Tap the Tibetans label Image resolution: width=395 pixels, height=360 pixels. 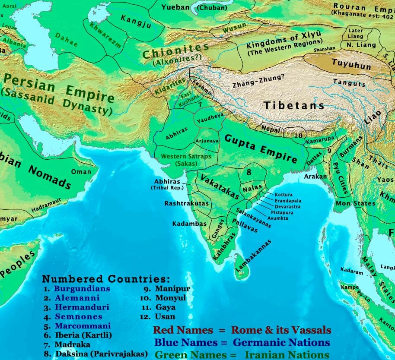click(294, 105)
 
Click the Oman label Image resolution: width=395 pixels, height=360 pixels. click(81, 172)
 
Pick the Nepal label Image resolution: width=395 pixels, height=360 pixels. click(271, 129)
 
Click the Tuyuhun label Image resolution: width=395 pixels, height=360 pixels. click(351, 64)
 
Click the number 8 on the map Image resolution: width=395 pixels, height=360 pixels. click(249, 172)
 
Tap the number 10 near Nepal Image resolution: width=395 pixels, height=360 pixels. click(298, 136)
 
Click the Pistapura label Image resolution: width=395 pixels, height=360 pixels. click(282, 213)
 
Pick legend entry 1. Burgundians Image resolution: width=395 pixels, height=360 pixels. click(76, 289)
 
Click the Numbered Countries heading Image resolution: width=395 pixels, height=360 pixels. click(106, 279)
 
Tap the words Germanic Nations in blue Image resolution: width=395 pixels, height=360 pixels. click(281, 343)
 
